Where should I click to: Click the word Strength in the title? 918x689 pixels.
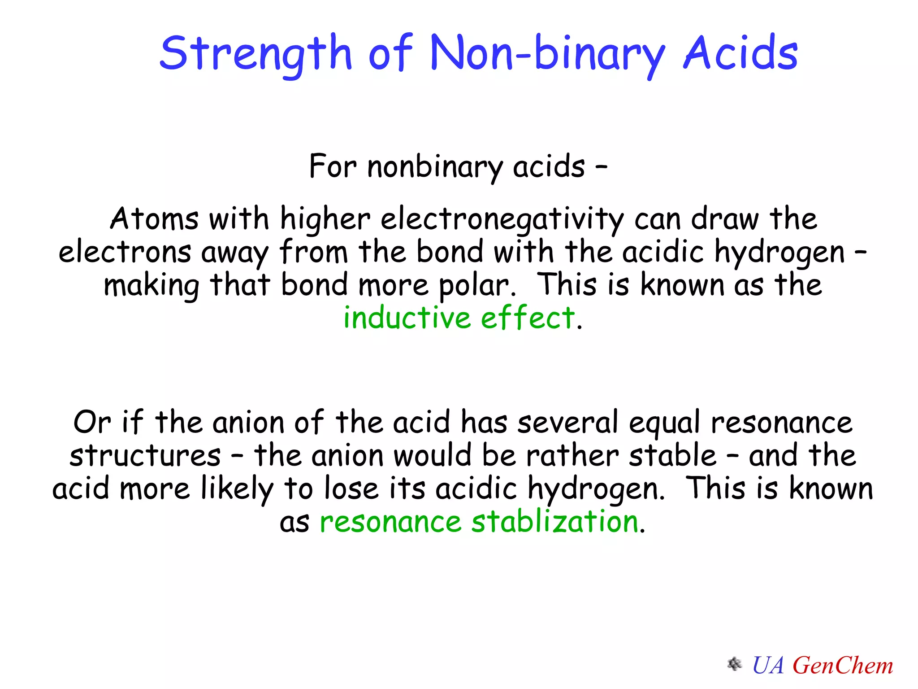click(255, 54)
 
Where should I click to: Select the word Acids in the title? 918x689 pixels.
click(740, 54)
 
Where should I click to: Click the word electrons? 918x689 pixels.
click(125, 252)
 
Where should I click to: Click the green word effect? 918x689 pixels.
click(528, 318)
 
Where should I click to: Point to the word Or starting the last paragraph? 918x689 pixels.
click(92, 423)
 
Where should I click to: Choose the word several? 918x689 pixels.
click(567, 423)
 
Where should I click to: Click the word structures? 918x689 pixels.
click(145, 456)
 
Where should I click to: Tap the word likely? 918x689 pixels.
click(237, 489)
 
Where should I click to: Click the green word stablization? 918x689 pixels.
click(555, 522)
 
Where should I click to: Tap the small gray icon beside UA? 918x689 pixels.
click(734, 664)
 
